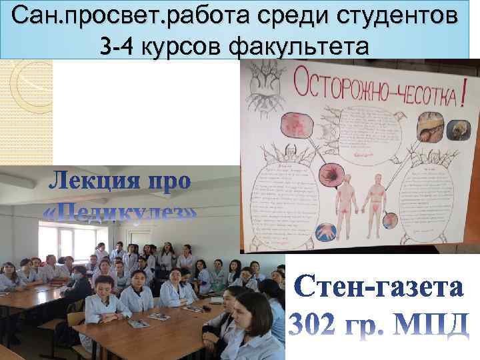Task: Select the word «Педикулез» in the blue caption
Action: [120, 212]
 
